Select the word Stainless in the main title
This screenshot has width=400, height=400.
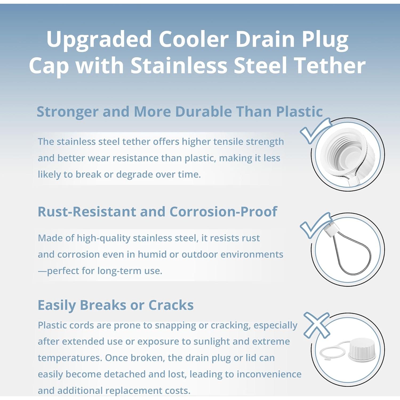tap(179, 66)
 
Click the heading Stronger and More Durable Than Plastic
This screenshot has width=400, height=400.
tap(180, 112)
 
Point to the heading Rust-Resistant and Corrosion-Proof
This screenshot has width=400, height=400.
tap(157, 212)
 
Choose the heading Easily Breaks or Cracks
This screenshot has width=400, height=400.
tap(115, 305)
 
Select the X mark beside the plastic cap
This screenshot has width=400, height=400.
tap(317, 325)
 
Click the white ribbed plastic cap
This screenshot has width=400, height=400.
tap(362, 349)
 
